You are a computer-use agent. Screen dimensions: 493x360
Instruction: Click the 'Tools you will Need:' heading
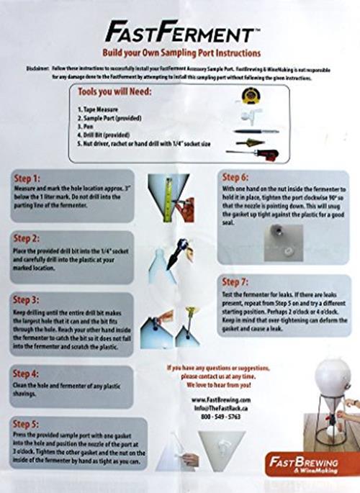pyautogui.click(x=122, y=92)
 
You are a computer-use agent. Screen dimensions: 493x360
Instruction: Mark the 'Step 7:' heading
pyautogui.click(x=238, y=281)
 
